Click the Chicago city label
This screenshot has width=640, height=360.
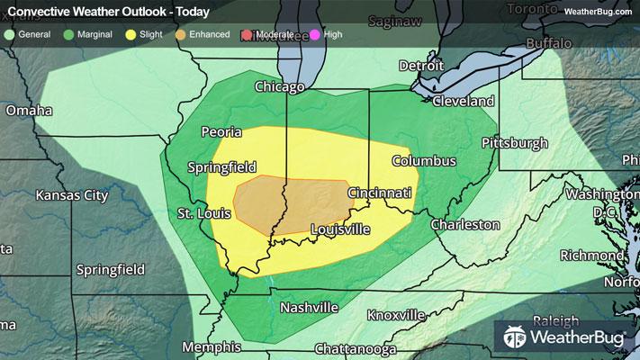pyautogui.click(x=280, y=87)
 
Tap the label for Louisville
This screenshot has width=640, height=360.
pyautogui.click(x=339, y=229)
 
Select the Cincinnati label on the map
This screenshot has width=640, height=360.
pyautogui.click(x=380, y=193)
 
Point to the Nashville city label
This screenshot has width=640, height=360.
pyautogui.click(x=309, y=308)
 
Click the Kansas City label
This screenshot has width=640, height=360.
pyautogui.click(x=71, y=195)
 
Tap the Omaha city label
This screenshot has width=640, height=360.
pyautogui.click(x=29, y=111)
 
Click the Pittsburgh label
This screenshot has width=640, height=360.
pyautogui.click(x=515, y=143)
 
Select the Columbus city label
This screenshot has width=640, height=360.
pyautogui.click(x=423, y=161)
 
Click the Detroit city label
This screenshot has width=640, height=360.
pyautogui.click(x=421, y=67)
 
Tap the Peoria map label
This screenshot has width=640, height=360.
pyautogui.click(x=221, y=132)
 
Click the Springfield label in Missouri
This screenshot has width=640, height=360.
pyautogui.click(x=112, y=269)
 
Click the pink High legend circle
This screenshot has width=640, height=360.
pyautogui.click(x=315, y=34)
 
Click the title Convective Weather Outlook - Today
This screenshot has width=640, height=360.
pyautogui.click(x=108, y=12)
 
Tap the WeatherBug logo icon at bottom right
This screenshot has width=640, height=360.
pyautogui.click(x=516, y=338)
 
